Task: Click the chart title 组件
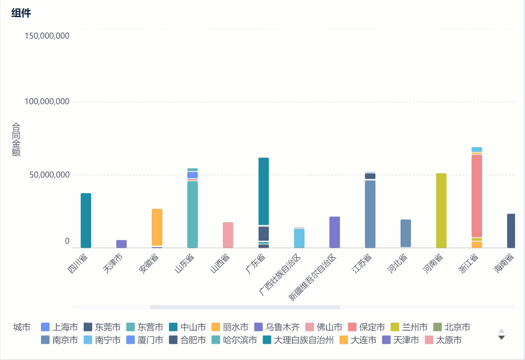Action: click(21, 13)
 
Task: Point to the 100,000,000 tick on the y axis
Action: click(47, 102)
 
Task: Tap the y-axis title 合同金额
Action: click(16, 140)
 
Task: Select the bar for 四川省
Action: click(86, 221)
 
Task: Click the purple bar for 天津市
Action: click(121, 244)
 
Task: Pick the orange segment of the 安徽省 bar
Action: click(157, 227)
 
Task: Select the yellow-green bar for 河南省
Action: click(441, 211)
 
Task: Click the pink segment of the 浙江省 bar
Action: click(477, 196)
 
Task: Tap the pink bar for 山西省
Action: click(228, 235)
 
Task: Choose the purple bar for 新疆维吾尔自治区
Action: click(334, 232)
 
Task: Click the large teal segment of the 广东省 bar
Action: click(263, 191)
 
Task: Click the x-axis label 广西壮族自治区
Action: click(280, 275)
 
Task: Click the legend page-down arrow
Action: click(501, 337)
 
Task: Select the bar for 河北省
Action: click(405, 233)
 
